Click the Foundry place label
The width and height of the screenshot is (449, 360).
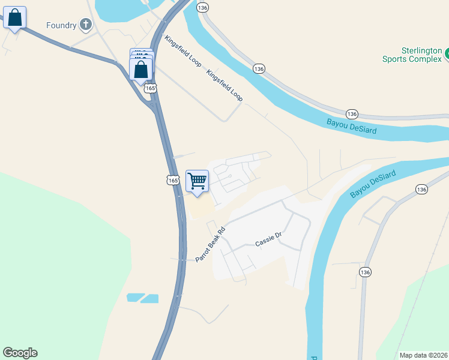coord(61,25)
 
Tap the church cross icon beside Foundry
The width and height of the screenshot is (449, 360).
coord(86,25)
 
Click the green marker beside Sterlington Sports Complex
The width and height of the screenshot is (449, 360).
coord(446,55)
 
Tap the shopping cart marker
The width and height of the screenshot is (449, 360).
coord(197,181)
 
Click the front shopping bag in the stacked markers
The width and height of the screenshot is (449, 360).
coord(141,70)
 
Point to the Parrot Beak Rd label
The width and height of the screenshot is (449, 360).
coord(209,244)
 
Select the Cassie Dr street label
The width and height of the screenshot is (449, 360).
coord(268,240)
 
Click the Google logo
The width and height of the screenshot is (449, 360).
coord(20,353)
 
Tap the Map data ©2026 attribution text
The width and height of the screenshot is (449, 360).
coord(423,355)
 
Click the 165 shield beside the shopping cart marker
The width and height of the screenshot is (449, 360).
coord(172,179)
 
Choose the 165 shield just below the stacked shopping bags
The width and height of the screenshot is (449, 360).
coord(150,88)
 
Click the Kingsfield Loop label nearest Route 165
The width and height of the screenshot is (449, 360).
coord(182,51)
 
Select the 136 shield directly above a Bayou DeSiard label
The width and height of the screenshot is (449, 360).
coord(352,113)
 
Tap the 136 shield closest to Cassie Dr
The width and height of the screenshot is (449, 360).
coord(365,272)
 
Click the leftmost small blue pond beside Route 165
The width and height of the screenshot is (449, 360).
coord(136,297)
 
